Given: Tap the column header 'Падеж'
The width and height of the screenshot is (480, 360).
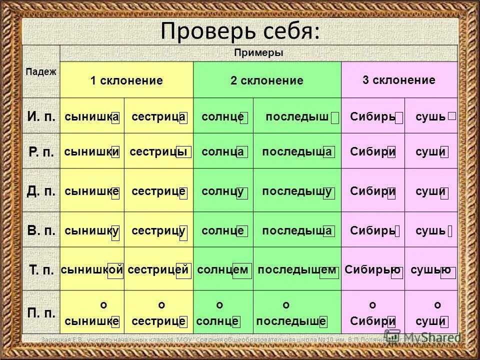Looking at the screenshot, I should coord(41,71).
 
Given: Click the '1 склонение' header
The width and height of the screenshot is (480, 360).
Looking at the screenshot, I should coord(126,80).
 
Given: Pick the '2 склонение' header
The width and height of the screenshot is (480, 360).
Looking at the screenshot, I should coord(267,80).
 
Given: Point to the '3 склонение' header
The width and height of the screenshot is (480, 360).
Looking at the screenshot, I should coord(399,80).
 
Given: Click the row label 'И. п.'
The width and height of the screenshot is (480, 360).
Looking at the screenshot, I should coord(41,116).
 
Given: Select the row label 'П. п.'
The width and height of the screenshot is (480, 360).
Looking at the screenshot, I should coord(41,313).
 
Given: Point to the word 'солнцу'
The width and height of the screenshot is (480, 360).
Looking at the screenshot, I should coord(223,191).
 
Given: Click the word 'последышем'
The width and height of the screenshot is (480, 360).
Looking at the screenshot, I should coord(297,270).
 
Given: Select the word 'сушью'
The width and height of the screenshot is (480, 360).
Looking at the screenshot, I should coord(431,270).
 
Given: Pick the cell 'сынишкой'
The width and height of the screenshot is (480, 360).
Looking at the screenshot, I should coord(92,270).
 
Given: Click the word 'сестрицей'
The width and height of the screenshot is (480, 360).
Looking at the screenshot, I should coord(158,270).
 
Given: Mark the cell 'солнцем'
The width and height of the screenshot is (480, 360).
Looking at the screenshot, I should coord(223,270).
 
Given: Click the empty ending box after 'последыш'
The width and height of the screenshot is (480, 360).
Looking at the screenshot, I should coord(335,117).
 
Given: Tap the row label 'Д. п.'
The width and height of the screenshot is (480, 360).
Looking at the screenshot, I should coord(41,191).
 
